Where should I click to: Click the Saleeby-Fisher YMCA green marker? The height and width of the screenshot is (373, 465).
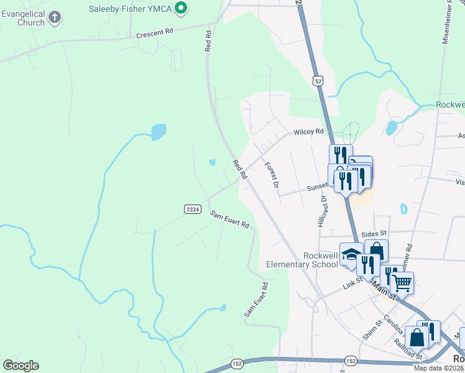(181, 8)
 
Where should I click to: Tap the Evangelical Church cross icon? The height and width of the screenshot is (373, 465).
(55, 17)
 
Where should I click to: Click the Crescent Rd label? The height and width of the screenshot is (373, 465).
(154, 34)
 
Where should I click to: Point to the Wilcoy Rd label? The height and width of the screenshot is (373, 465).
(309, 132)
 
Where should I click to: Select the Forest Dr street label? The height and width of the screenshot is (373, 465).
(271, 173)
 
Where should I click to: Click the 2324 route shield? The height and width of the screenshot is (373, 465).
(192, 210)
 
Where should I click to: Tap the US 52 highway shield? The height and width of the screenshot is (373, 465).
(318, 80)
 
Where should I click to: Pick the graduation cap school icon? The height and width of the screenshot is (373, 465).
(351, 255)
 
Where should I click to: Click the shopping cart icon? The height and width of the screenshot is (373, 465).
(402, 282)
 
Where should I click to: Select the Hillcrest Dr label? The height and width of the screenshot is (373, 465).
(322, 210)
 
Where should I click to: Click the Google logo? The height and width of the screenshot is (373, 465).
(21, 365)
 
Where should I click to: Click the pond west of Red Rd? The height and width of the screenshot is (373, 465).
(159, 131)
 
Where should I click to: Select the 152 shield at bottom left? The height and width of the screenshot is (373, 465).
(237, 363)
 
